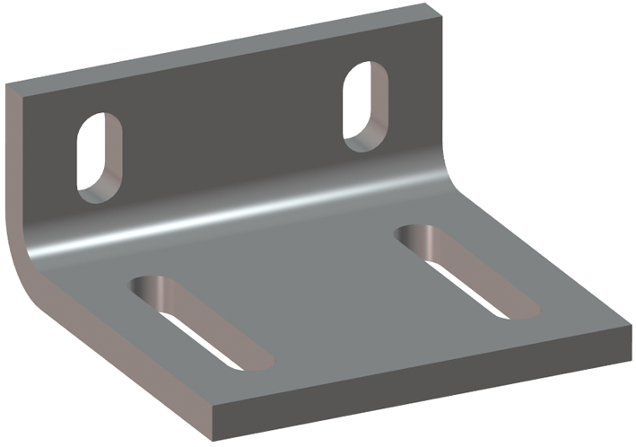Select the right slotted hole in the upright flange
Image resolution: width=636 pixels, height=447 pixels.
[x=364, y=103]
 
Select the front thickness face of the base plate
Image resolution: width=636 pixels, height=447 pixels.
[x=422, y=381]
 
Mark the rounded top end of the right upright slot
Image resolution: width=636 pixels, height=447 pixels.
[x=366, y=71]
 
